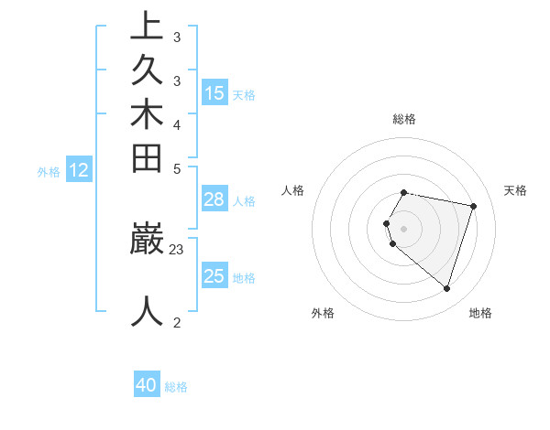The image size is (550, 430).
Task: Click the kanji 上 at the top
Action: coord(147,27)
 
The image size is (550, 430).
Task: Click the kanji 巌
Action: coord(147,239)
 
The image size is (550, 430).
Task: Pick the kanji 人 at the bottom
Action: coord(147,311)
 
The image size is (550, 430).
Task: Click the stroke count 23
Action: coord(177,248)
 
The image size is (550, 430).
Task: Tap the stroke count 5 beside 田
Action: coord(177,168)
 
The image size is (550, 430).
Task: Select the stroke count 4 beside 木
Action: coord(177,124)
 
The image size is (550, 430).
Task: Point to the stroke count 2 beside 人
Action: coord(177,321)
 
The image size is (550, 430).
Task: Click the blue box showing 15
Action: coord(214,92)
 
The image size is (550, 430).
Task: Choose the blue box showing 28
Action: coord(214,200)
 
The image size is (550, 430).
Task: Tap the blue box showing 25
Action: coord(214,276)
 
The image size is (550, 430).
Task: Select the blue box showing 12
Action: coord(80,169)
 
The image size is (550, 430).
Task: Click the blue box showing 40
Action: coord(147,385)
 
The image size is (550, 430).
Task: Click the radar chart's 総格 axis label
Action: coord(404,119)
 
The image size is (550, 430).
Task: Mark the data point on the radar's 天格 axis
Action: coord(473,207)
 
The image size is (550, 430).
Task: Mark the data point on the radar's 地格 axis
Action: coord(446,289)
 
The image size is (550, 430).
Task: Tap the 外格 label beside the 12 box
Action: coord(49,171)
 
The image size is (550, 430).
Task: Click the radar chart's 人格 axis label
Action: coord(292,190)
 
